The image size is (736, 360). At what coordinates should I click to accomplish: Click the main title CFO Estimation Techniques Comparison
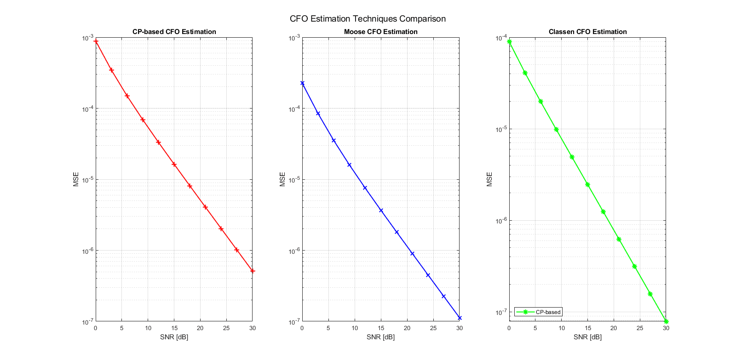[368, 19]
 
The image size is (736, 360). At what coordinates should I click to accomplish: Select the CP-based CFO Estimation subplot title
[174, 32]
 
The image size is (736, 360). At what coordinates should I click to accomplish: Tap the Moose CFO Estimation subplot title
[380, 32]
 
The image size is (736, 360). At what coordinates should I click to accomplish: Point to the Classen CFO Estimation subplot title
[587, 32]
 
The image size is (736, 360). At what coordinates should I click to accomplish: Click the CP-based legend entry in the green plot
[547, 312]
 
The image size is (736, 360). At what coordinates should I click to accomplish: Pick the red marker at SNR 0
[96, 41]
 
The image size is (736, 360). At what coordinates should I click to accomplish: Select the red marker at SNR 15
[174, 165]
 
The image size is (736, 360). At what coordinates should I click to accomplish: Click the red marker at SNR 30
[253, 271]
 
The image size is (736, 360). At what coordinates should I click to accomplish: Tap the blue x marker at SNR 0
[302, 83]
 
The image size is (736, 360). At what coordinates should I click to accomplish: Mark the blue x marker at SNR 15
[381, 211]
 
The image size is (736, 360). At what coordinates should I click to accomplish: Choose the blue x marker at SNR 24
[428, 275]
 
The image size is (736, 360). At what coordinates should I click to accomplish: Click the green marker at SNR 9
[556, 130]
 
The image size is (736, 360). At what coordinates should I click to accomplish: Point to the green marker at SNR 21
[619, 240]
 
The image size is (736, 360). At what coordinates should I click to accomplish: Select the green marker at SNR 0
[509, 42]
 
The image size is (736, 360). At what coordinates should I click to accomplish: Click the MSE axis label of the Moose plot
[282, 179]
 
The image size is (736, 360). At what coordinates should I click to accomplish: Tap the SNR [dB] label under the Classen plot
[587, 337]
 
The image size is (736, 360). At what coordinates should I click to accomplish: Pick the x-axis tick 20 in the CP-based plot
[200, 328]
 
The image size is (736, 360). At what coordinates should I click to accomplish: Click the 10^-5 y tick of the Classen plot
[500, 130]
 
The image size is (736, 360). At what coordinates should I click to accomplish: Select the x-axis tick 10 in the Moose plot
[355, 328]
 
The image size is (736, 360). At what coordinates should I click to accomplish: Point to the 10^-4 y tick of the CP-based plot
[87, 109]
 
